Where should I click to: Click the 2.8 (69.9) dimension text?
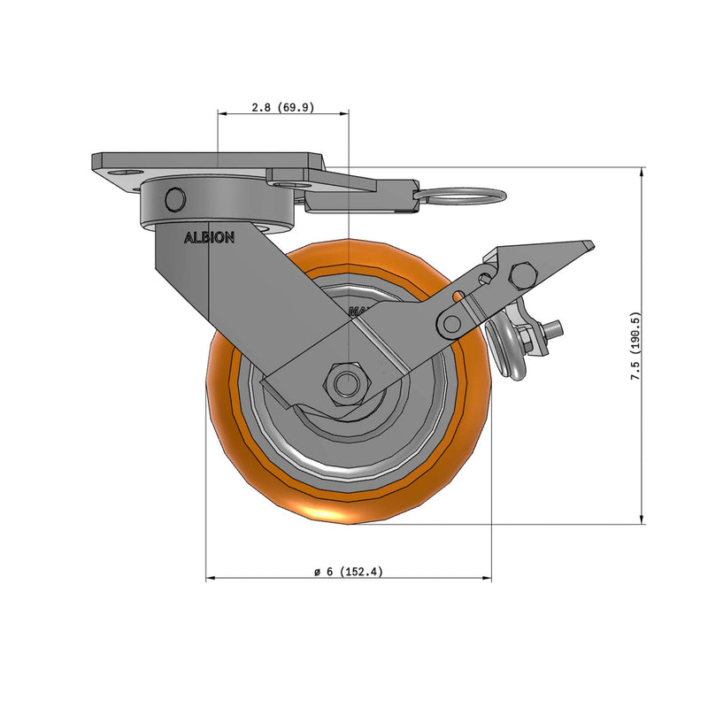point(283,107)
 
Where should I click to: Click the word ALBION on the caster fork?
point(209,238)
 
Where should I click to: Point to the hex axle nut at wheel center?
point(346,382)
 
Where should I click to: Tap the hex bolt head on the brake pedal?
point(521,276)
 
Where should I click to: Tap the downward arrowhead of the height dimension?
point(641,520)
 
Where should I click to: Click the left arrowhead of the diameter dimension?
point(211,579)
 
